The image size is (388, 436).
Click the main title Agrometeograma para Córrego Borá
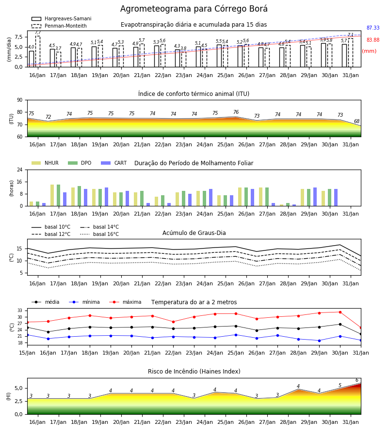(x=194, y=9)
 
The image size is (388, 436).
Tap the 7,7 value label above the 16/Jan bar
(x=38, y=33)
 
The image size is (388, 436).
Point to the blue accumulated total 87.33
(x=373, y=28)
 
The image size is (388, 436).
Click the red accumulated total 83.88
(x=373, y=40)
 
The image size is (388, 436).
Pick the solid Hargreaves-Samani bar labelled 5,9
(x=323, y=55)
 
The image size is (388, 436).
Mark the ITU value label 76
(x=236, y=112)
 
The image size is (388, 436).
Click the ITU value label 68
(x=357, y=121)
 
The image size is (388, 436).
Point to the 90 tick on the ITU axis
(x=20, y=100)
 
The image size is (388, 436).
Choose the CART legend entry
(x=114, y=163)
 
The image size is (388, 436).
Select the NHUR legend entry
(x=45, y=163)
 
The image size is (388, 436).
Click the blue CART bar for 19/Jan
(x=107, y=197)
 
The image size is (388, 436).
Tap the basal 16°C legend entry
(x=99, y=234)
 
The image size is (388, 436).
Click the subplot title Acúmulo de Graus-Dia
(x=194, y=233)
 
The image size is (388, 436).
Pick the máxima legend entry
(x=125, y=302)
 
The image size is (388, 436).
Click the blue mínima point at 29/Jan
(x=319, y=341)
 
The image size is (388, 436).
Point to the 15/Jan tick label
(x=27, y=353)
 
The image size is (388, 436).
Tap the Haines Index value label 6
(x=357, y=380)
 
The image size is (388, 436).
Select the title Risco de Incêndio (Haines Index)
(x=194, y=372)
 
